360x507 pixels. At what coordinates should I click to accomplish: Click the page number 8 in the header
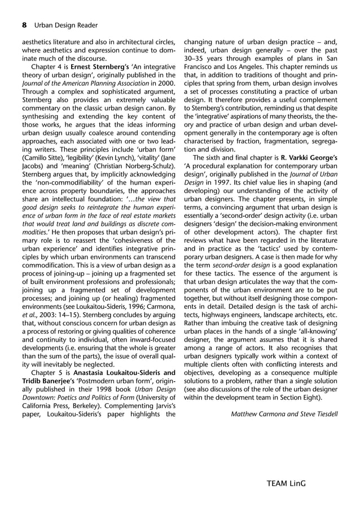click(24, 25)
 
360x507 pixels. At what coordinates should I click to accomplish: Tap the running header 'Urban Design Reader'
click(65, 25)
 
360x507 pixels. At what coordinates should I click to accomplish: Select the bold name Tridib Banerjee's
click(50, 383)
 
